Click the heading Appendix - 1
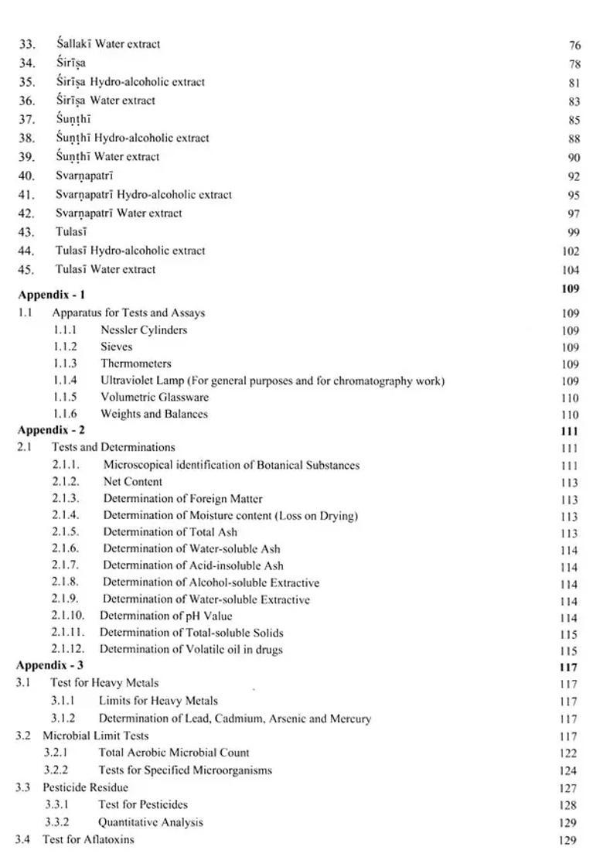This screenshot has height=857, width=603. pyautogui.click(x=52, y=295)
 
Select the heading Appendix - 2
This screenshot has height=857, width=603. pyautogui.click(x=52, y=430)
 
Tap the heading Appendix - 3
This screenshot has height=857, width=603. pyautogui.click(x=52, y=665)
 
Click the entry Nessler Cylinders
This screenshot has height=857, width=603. pyautogui.click(x=143, y=330)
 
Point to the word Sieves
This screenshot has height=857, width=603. pyautogui.click(x=116, y=347)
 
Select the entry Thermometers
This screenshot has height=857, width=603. pyautogui.click(x=135, y=364)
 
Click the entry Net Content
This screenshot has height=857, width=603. pyautogui.click(x=133, y=481)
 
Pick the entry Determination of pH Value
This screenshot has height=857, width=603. pyautogui.click(x=165, y=616)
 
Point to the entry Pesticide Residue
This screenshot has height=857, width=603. pyautogui.click(x=85, y=787)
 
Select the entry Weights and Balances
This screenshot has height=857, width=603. pyautogui.click(x=154, y=414)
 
